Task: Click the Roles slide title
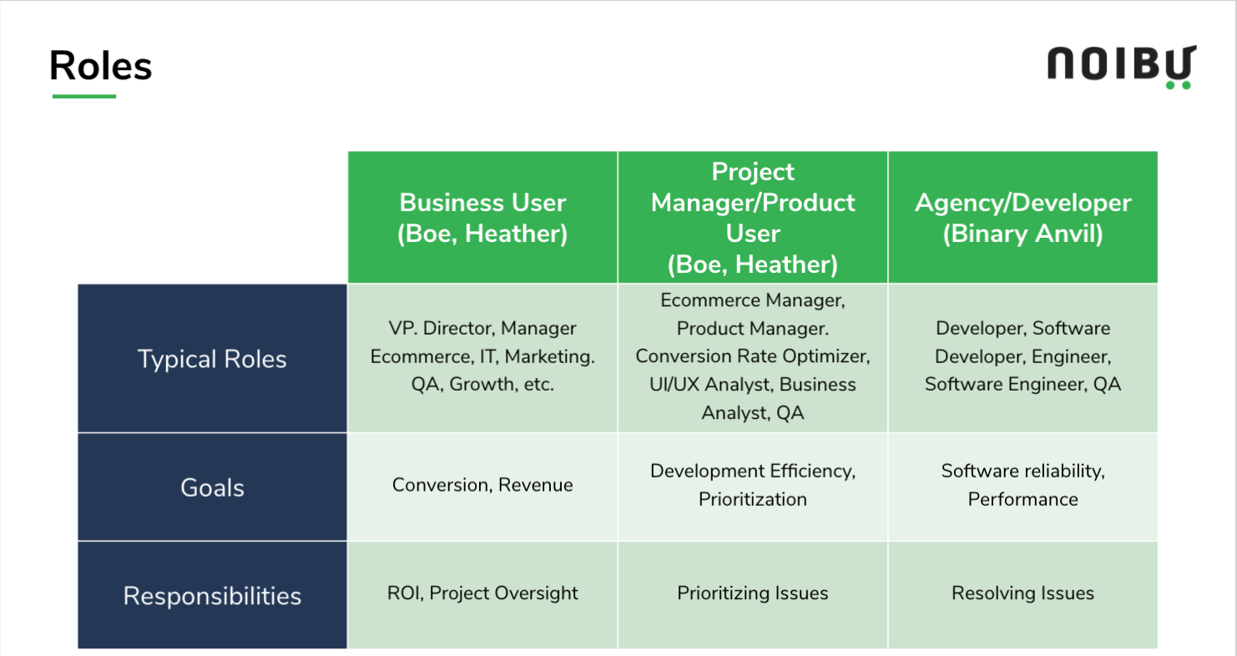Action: (100, 66)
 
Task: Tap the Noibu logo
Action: (1122, 66)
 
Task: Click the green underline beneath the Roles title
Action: (84, 96)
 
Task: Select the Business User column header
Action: (482, 218)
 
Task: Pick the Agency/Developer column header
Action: (1022, 218)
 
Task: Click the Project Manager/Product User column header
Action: (753, 218)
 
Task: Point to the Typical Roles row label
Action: (212, 358)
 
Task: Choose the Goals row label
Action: (212, 487)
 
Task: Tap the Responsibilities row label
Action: (212, 595)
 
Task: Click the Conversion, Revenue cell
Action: (482, 485)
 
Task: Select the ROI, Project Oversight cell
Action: (482, 593)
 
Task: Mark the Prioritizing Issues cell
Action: (753, 593)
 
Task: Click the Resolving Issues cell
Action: (1022, 593)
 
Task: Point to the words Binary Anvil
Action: (1022, 234)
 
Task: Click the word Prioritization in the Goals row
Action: (753, 499)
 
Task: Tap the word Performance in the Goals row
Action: (1022, 499)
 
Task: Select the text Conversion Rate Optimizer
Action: (753, 356)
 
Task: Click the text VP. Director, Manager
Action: (482, 328)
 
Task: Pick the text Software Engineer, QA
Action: (1022, 384)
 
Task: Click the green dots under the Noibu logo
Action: (1178, 85)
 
